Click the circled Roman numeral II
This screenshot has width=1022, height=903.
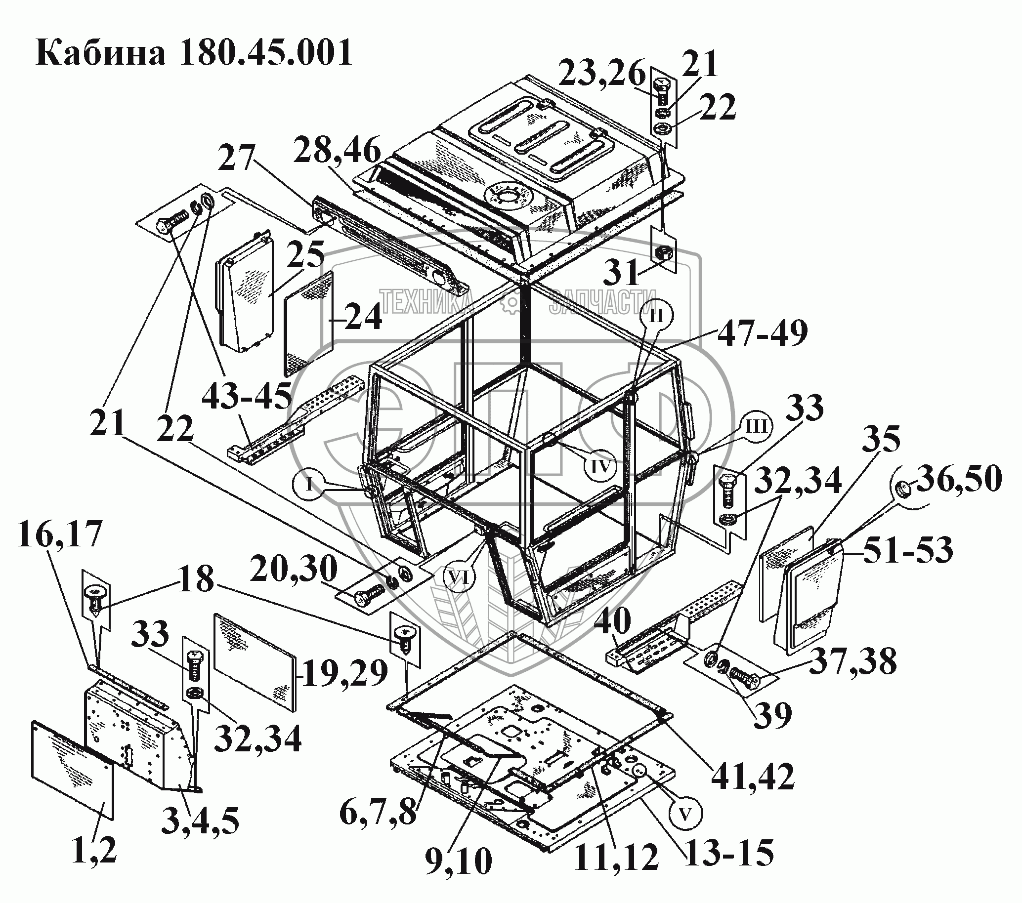pyautogui.click(x=656, y=316)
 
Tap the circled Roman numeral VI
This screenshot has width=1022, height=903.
pyautogui.click(x=460, y=577)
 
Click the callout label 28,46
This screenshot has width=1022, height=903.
pyautogui.click(x=337, y=150)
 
